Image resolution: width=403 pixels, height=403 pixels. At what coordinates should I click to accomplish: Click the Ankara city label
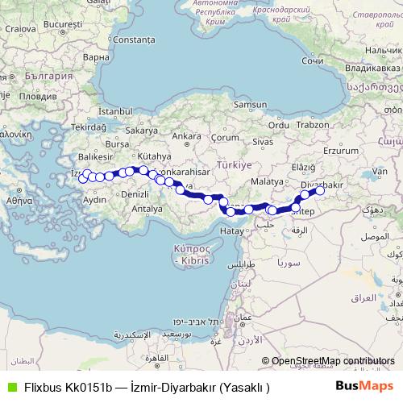[x=186, y=135]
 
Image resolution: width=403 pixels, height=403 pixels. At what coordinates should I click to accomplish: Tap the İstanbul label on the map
[x=114, y=110]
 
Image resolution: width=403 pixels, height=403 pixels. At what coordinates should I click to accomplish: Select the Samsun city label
[x=249, y=105]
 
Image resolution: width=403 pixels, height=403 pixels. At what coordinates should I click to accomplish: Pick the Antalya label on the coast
[x=147, y=208]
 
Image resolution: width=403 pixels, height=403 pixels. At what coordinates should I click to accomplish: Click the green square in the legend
[x=10, y=387]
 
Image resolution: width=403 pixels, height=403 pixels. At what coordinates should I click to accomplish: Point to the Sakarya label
[x=141, y=130]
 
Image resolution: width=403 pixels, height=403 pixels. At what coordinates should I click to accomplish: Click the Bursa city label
[x=118, y=144]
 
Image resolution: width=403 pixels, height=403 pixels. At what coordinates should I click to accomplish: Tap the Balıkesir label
[x=93, y=156]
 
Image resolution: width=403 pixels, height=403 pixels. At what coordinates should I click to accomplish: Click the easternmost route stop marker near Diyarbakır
[x=319, y=191]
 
